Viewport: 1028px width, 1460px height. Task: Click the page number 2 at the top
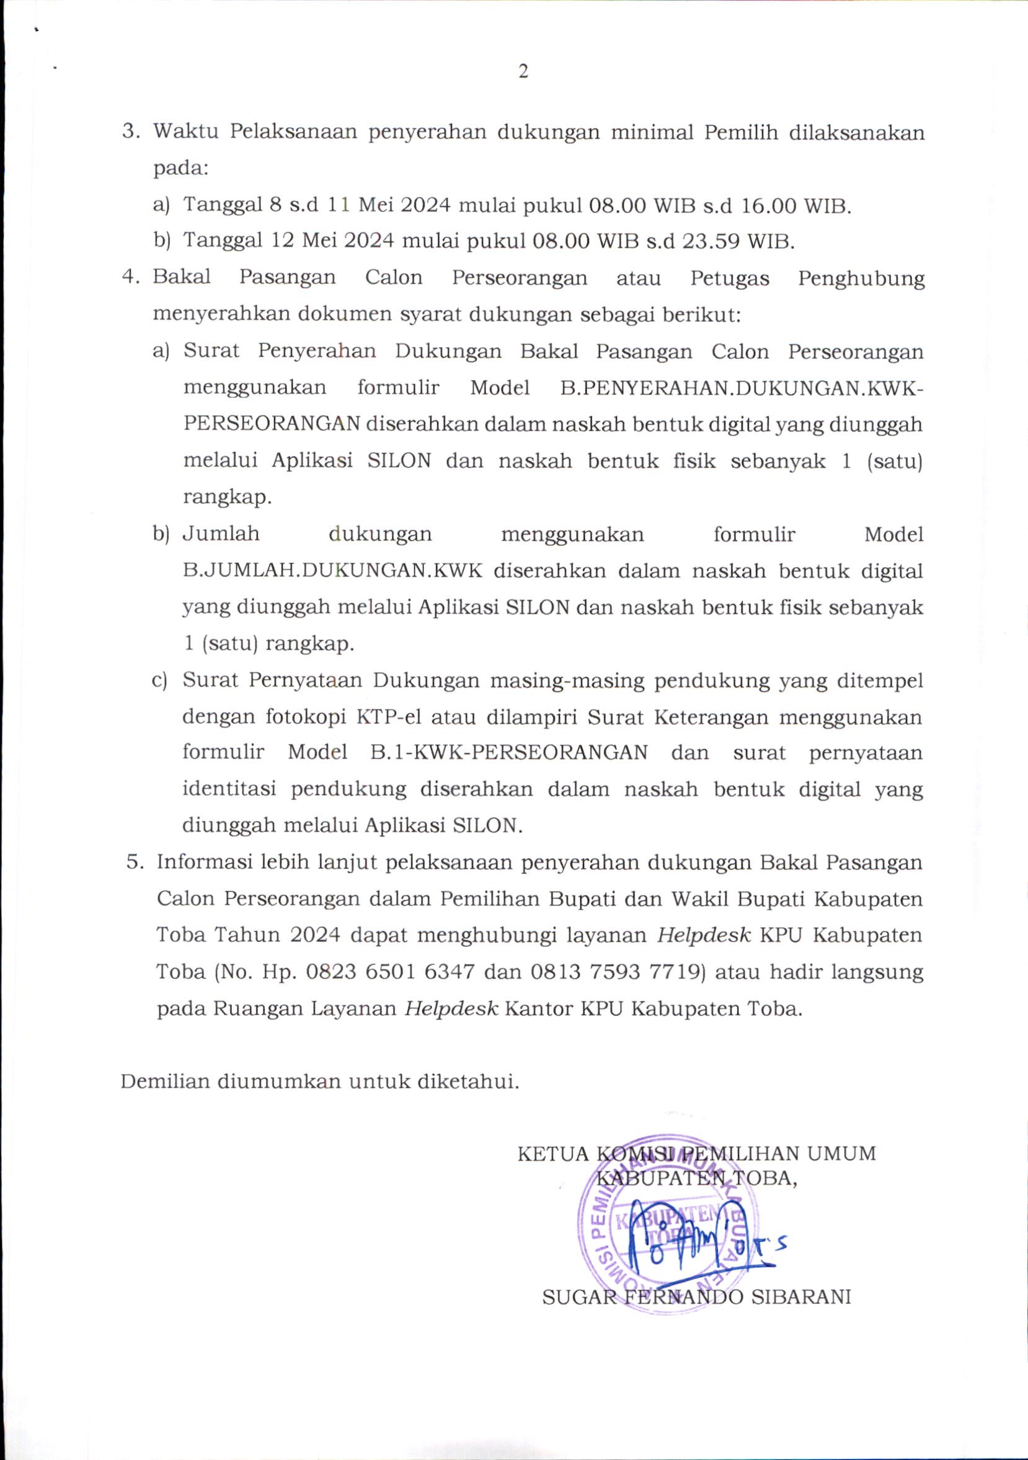click(523, 72)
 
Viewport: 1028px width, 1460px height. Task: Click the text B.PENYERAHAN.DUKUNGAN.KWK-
click(741, 387)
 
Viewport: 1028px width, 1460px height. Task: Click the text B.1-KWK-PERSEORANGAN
click(509, 752)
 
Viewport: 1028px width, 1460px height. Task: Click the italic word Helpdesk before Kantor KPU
click(451, 1008)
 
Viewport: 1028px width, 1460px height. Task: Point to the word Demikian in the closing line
click(165, 1081)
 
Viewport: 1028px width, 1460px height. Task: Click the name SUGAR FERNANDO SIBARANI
click(696, 1297)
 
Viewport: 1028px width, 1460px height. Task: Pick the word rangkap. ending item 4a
click(227, 496)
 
